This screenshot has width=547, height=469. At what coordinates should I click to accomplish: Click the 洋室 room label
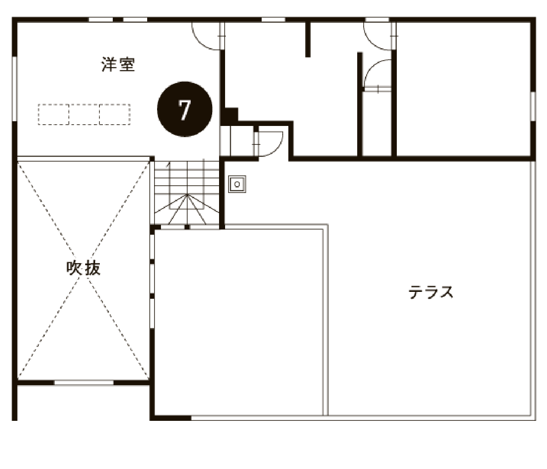coord(118,65)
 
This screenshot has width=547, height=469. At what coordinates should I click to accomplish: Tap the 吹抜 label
coord(84,267)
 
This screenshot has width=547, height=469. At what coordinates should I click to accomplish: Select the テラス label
coord(431,292)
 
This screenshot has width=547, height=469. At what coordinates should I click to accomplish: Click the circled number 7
coord(185,109)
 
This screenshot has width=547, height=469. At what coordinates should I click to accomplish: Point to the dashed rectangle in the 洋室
coord(84,114)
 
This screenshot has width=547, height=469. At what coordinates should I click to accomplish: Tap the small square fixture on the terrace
coord(237,184)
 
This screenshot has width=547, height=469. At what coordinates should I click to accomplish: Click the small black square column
coord(232,114)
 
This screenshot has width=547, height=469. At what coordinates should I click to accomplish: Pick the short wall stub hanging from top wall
coord(308,40)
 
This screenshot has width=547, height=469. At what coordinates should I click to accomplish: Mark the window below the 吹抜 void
coord(83,383)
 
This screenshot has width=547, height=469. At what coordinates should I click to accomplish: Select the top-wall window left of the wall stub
coord(273,20)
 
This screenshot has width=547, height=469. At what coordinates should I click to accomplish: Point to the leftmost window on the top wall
coord(101,20)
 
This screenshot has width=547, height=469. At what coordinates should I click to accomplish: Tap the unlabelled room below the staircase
coord(239,322)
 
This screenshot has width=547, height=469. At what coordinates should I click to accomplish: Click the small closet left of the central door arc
coord(236,141)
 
